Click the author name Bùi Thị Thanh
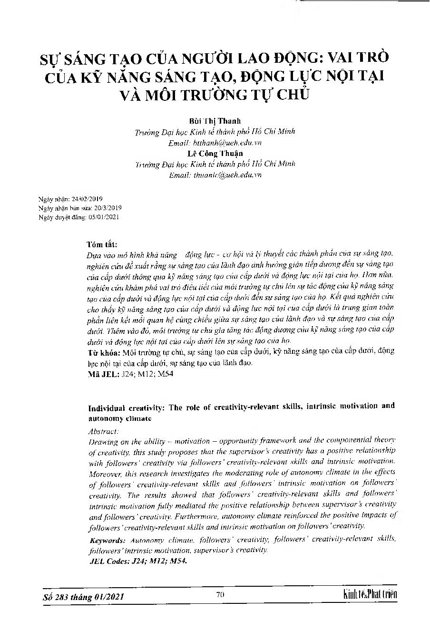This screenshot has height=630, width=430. [215, 121]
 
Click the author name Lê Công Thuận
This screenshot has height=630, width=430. [215, 153]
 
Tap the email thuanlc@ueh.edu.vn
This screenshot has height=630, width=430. [225, 174]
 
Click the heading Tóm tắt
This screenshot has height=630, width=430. [101, 244]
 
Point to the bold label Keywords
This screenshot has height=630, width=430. [107, 541]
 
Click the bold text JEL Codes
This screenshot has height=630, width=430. [108, 561]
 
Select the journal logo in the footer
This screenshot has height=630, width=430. [369, 595]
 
